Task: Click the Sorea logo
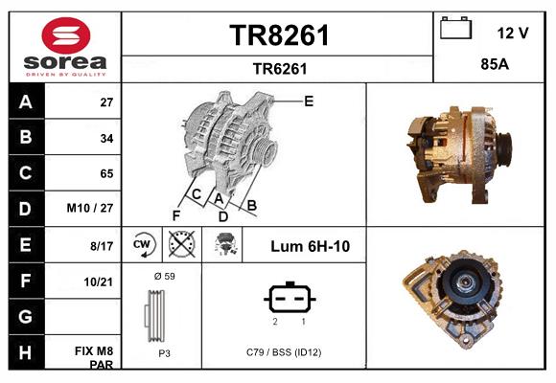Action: coord(65,48)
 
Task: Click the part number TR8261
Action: coord(279,36)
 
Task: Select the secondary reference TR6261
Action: coord(279,68)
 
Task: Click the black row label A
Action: coord(26,101)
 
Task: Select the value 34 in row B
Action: coord(106,138)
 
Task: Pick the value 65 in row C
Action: coord(106,173)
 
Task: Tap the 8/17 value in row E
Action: coord(101,246)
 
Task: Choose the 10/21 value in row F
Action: coord(100,282)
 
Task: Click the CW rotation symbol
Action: coord(142,245)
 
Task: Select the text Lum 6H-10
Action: coord(310,246)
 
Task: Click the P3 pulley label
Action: coord(164,352)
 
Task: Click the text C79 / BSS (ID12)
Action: coord(283,352)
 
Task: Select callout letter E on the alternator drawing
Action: coord(309,101)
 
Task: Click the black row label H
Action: coord(26,352)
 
